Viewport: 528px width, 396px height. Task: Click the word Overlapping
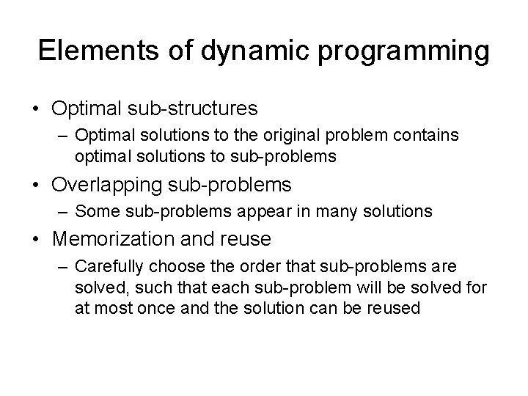click(109, 184)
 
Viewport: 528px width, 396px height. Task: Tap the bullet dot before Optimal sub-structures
click(36, 109)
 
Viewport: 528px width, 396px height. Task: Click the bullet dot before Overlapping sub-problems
click(36, 184)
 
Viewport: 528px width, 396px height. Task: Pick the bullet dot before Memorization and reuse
click(36, 238)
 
